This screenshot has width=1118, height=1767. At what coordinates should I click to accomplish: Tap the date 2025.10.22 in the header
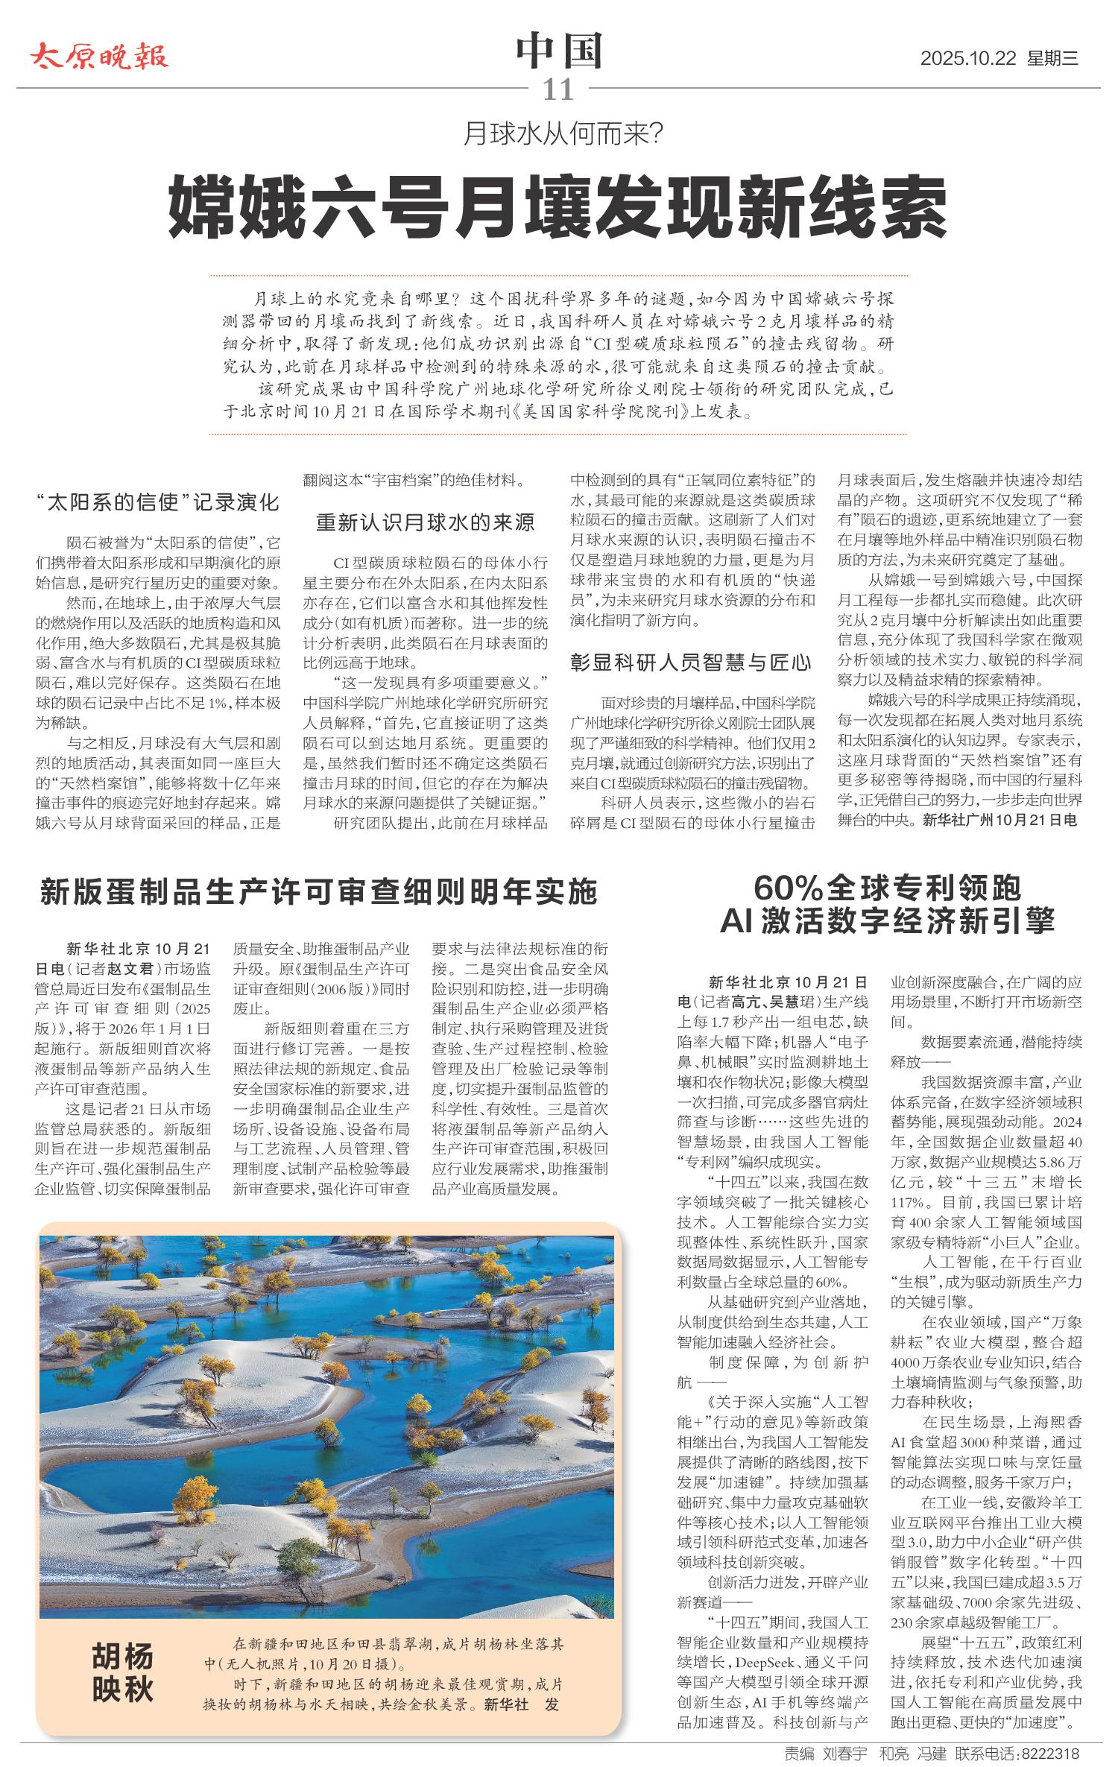tap(968, 59)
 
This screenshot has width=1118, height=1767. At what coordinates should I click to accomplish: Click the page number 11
tap(558, 90)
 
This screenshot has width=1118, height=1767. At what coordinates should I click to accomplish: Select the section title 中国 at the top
tap(559, 51)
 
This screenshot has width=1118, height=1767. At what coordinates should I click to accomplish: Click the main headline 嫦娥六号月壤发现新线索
tap(558, 206)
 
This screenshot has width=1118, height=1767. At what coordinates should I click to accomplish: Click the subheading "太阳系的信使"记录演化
tap(158, 502)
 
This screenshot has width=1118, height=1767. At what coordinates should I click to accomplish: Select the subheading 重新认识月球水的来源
tap(426, 522)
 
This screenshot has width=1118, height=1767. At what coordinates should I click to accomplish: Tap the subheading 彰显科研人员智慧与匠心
tap(691, 662)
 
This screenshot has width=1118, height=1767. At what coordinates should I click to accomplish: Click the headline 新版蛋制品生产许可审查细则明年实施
tap(319, 892)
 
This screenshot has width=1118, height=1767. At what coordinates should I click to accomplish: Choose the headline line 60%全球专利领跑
tap(887, 888)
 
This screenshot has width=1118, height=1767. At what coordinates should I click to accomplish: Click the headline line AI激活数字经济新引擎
tap(887, 922)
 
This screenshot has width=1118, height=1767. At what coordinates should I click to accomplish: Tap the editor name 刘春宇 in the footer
tap(845, 1754)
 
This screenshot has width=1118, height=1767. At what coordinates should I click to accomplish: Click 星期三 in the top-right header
tap(1053, 59)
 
